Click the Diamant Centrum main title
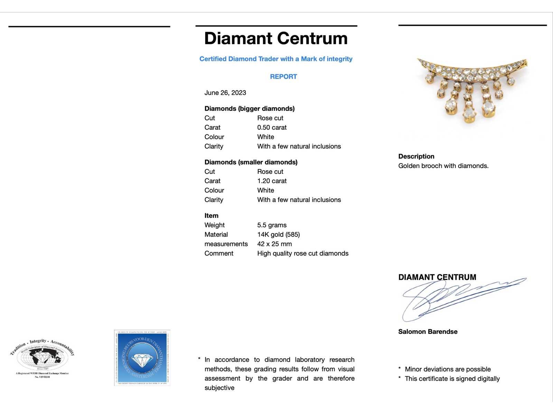pyautogui.click(x=276, y=38)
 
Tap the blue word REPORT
pyautogui.click(x=283, y=77)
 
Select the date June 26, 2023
pyautogui.click(x=225, y=93)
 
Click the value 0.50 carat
pyautogui.click(x=272, y=127)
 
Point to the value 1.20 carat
pyautogui.click(x=272, y=181)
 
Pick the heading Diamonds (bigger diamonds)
pyautogui.click(x=249, y=109)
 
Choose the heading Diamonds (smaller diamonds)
pyautogui.click(x=251, y=162)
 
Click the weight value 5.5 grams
pyautogui.click(x=272, y=225)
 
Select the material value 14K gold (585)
pyautogui.click(x=278, y=235)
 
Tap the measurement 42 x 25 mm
pyautogui.click(x=274, y=244)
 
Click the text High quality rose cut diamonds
pyautogui.click(x=302, y=253)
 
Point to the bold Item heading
pyautogui.click(x=211, y=216)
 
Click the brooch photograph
pyautogui.click(x=472, y=90)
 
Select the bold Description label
pyautogui.click(x=416, y=156)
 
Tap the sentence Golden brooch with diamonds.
pyautogui.click(x=443, y=166)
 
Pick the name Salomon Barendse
pyautogui.click(x=428, y=332)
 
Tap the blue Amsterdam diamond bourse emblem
pyautogui.click(x=142, y=358)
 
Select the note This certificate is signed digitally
pyautogui.click(x=452, y=378)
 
